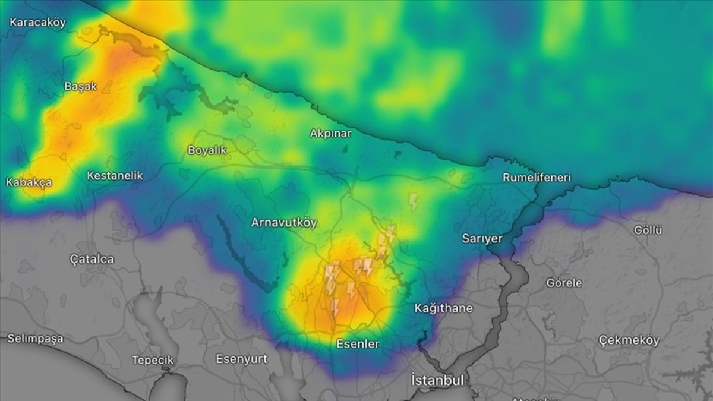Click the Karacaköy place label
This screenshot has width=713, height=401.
tap(37, 23)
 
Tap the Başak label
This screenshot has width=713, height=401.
tap(80, 86)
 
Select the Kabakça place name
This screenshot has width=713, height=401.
tap(29, 182)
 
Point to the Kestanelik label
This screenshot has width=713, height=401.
tap(115, 176)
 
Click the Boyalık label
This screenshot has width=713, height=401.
tap(207, 150)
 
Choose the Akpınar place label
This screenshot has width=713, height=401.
tap(330, 133)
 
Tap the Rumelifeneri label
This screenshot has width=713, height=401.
tap(537, 177)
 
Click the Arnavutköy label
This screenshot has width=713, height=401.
tap(284, 223)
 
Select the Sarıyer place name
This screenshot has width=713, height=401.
tap(482, 238)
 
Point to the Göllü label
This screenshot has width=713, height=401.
tap(648, 231)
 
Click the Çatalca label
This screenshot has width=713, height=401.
tap(92, 259)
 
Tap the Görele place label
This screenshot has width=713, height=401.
tap(564, 283)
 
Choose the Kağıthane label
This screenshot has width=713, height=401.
tap(443, 308)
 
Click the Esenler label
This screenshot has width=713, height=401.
tap(358, 343)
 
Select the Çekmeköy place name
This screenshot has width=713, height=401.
tap(629, 340)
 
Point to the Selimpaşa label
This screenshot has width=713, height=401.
tap(35, 339)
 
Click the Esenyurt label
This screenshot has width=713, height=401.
tap(241, 359)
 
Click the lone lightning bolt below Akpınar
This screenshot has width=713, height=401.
tap(414, 202)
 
